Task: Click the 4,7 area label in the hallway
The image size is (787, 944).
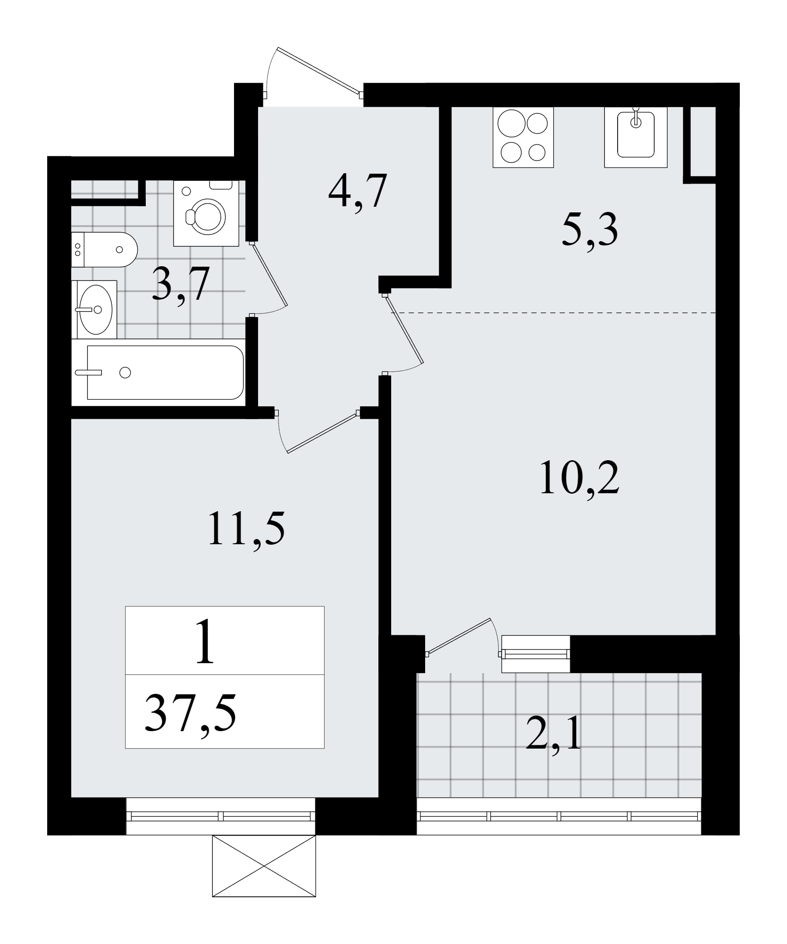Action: pos(358,192)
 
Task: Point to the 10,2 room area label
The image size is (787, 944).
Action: pos(579,479)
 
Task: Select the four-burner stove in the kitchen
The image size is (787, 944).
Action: pos(523,137)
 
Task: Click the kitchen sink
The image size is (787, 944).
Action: pos(636,137)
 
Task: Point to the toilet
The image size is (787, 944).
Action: pos(104,250)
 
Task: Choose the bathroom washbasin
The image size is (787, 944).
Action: pos(94,310)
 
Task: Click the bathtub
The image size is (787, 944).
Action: pos(165,372)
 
